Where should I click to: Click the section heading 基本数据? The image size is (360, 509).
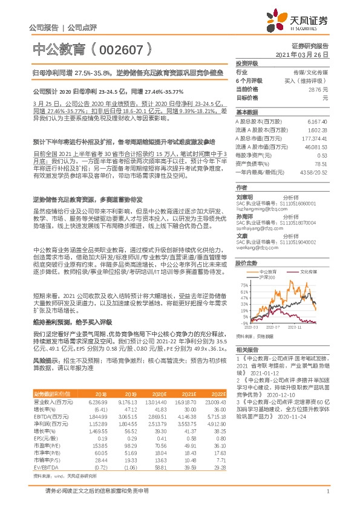click(247, 112)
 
